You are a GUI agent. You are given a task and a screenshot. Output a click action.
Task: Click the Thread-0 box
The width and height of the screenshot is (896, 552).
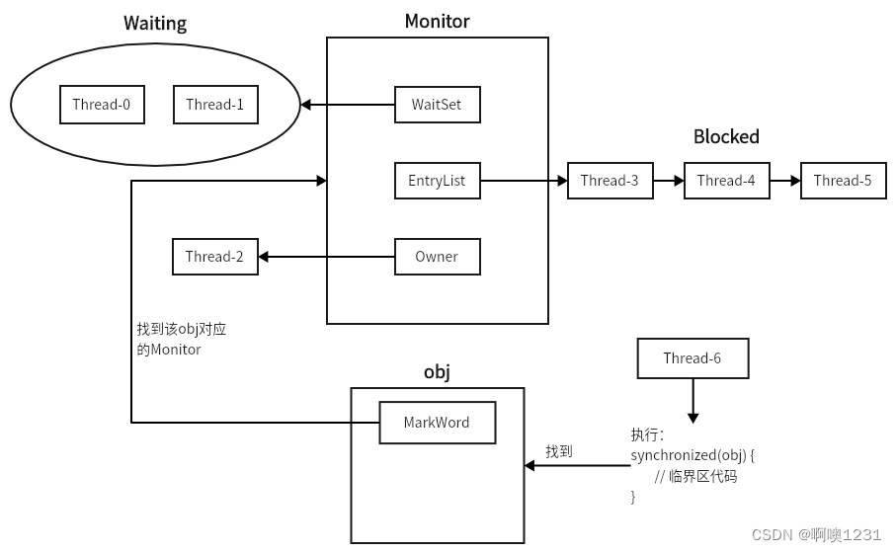102,105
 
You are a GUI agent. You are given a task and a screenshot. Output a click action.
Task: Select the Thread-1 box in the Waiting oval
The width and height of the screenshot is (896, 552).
215,105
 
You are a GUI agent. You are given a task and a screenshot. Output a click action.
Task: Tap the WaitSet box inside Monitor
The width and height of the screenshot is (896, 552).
437,105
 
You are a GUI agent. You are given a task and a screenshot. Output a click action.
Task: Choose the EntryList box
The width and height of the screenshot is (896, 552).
437,181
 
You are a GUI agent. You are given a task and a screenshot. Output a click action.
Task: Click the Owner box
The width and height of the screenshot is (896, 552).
437,257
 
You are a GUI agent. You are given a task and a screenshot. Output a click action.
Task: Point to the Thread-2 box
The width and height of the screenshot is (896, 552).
214,257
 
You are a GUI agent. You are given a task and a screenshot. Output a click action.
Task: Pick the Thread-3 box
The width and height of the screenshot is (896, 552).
610,181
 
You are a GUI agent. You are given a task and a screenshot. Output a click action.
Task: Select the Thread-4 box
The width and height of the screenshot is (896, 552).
726,181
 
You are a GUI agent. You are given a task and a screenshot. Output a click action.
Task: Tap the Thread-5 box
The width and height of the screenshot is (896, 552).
843,181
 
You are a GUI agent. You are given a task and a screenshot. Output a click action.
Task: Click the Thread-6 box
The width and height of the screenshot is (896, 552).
692,358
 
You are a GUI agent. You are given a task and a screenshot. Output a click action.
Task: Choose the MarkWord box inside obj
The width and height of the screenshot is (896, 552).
437,423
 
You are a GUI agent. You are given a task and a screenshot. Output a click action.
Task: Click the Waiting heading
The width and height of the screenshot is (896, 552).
155,24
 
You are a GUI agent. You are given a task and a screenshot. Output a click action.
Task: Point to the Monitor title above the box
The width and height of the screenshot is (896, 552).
437,22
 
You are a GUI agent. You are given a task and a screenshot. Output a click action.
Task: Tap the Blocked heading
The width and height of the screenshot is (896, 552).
726,137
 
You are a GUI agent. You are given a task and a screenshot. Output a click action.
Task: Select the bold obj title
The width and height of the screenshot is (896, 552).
437,373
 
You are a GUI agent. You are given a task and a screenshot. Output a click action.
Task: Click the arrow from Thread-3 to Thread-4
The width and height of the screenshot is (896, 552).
669,181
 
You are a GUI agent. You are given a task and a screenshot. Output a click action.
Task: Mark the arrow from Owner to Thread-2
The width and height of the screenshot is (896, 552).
326,257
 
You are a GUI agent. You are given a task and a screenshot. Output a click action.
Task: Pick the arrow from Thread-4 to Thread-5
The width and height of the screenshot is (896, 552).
784,181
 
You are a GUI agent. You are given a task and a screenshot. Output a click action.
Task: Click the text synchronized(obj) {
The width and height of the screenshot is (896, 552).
692,455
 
